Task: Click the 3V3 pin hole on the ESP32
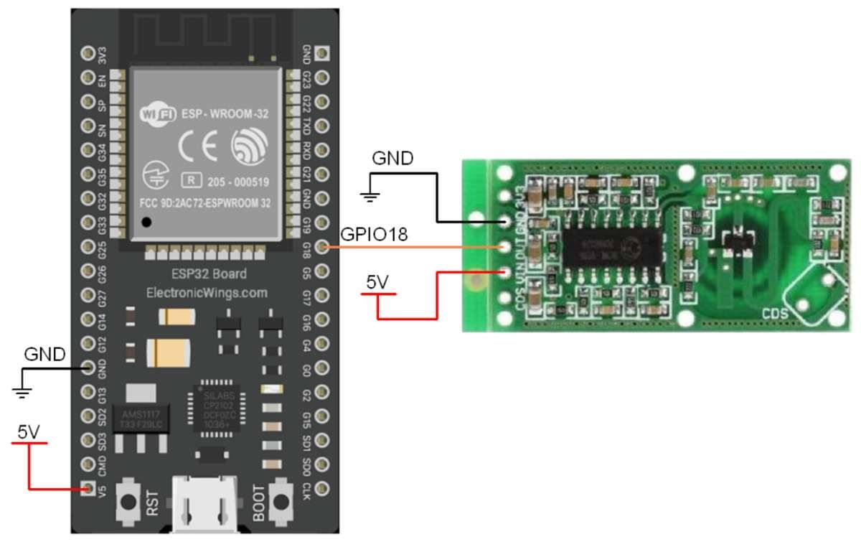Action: click(88, 53)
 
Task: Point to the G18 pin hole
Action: click(325, 247)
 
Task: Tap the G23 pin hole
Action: click(325, 77)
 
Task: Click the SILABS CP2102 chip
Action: click(215, 411)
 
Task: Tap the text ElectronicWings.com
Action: click(207, 292)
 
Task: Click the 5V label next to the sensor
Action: click(376, 282)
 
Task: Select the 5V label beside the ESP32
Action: click(29, 432)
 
